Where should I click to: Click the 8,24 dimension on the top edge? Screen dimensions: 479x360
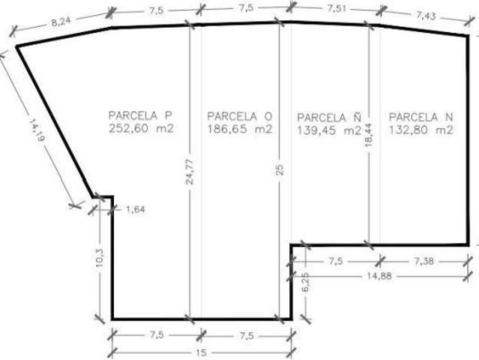61,22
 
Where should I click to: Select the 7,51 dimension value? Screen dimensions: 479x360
337,8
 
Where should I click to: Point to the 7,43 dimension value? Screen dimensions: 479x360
426,15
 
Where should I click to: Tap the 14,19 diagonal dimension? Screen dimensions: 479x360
37,130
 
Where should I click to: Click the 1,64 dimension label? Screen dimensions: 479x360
136,210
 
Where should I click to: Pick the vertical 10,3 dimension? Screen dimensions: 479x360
100,258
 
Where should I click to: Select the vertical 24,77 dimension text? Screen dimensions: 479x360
190,172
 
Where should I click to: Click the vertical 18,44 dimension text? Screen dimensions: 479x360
369,134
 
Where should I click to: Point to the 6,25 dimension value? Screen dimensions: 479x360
306,283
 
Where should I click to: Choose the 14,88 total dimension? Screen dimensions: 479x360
379,276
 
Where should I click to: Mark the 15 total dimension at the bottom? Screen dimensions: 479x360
201,352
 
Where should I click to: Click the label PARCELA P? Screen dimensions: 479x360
140,115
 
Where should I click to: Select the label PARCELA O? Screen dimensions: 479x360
240,116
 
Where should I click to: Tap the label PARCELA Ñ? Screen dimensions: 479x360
329,117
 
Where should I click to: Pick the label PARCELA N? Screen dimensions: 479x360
421,117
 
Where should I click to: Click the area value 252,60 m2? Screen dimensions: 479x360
141,128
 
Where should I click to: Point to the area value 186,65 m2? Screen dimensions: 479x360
240,129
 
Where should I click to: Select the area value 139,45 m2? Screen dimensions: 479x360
329,130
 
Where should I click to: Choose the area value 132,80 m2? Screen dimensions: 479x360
421,130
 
